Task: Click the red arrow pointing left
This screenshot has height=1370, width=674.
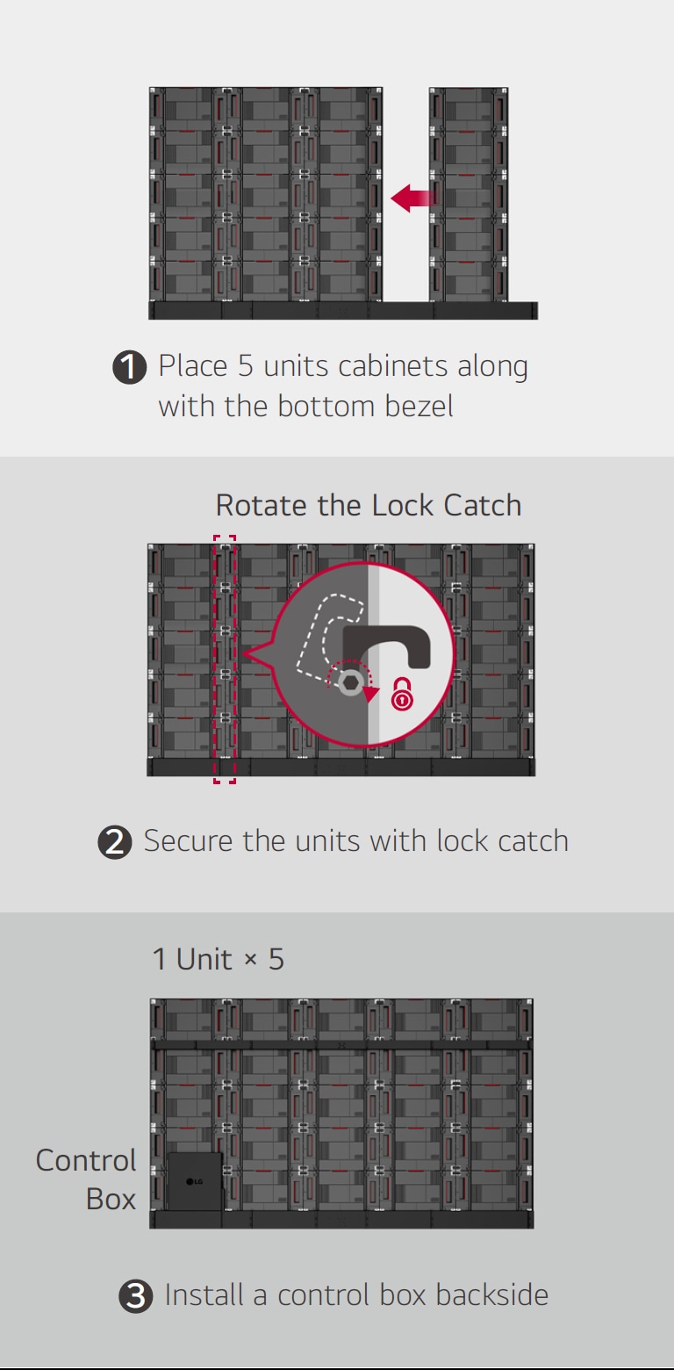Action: pyautogui.click(x=413, y=198)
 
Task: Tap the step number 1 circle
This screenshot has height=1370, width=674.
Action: pyautogui.click(x=130, y=367)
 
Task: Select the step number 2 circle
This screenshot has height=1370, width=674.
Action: pyautogui.click(x=115, y=841)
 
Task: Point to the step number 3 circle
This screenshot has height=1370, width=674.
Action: pyautogui.click(x=136, y=1296)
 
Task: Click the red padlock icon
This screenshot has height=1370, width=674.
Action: pyautogui.click(x=402, y=694)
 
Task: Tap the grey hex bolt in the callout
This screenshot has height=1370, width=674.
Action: pyautogui.click(x=351, y=682)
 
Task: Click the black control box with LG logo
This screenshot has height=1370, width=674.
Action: pyautogui.click(x=195, y=1181)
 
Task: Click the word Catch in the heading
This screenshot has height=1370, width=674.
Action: pyautogui.click(x=483, y=506)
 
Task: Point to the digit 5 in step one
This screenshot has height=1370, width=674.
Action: pyautogui.click(x=245, y=366)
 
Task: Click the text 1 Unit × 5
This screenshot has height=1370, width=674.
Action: pyautogui.click(x=219, y=959)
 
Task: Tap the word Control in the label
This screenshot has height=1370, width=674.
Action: pyautogui.click(x=86, y=1160)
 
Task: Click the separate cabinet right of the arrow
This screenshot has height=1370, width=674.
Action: pyautogui.click(x=469, y=194)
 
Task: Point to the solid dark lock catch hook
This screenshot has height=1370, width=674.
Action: pyautogui.click(x=386, y=646)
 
